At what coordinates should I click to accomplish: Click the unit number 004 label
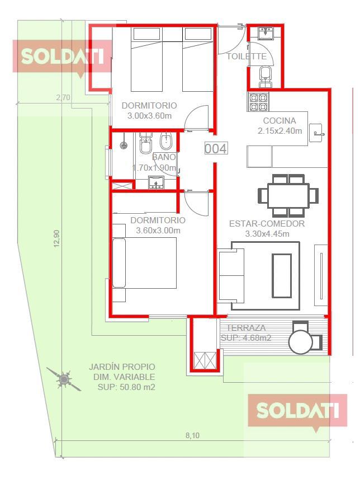[216, 149]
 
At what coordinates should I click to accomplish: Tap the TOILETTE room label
[247, 57]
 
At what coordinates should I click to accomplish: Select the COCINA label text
[280, 121]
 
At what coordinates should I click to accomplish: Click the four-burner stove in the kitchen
[258, 102]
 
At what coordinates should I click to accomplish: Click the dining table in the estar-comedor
[288, 195]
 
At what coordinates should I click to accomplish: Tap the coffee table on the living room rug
[282, 275]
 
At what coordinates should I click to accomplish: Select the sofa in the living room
[231, 275]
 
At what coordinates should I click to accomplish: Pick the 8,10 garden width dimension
[192, 435]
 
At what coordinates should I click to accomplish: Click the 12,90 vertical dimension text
[58, 238]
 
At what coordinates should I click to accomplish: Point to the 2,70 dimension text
[63, 97]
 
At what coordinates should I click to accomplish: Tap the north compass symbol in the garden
[64, 379]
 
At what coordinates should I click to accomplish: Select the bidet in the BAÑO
[166, 143]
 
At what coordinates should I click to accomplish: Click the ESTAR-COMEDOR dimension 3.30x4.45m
[267, 234]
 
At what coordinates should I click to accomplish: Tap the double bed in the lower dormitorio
[145, 262]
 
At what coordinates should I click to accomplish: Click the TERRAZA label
[246, 328]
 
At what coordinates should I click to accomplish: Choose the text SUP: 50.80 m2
[126, 387]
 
